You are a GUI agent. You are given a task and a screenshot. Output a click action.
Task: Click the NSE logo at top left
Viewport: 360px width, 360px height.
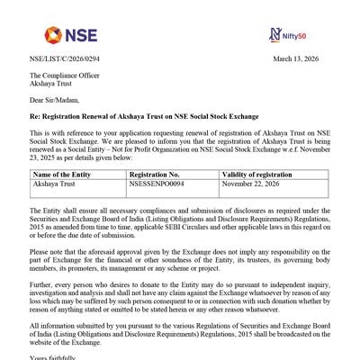coord(54,35)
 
